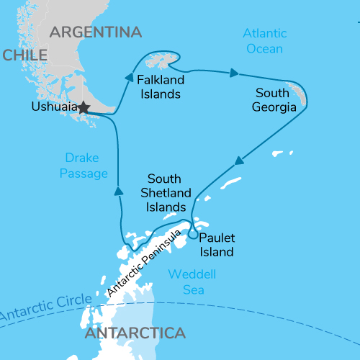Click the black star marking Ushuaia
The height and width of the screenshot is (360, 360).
[x=84, y=107]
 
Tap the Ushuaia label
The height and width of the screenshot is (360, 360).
[x=54, y=107]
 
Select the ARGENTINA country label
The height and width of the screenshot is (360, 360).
[x=96, y=32]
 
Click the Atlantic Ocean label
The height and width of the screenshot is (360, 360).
[x=264, y=41]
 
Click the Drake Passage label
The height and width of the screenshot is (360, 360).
[x=86, y=165]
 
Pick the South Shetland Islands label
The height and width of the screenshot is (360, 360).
[x=169, y=192]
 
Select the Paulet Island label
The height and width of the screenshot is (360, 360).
[x=217, y=245]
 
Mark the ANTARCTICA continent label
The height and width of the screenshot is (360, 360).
[x=135, y=334]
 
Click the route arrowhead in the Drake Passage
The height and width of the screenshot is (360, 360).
[x=117, y=191]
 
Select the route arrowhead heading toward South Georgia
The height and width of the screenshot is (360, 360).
[x=234, y=73]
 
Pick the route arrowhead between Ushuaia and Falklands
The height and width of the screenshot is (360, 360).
[x=129, y=77]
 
